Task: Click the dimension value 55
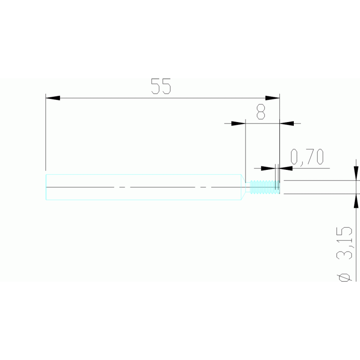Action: tap(161, 86)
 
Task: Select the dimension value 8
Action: tap(260, 112)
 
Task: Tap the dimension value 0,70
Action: tap(307, 157)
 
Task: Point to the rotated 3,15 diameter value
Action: tap(345, 243)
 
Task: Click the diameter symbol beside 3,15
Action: tap(345, 277)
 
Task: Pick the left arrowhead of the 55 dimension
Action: tap(53, 98)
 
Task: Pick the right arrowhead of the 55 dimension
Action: tap(272, 98)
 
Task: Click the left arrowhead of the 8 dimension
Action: tap(238, 123)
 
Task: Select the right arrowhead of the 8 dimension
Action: tap(287, 123)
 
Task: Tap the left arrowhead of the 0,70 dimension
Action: tap(268, 169)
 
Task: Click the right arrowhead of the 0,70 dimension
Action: tap(286, 169)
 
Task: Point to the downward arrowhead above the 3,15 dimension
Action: tap(356, 173)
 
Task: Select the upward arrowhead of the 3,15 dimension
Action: tap(356, 201)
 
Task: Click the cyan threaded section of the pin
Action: tap(265, 187)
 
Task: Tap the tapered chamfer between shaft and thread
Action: tap(244, 187)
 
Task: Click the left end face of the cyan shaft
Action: tap(46, 187)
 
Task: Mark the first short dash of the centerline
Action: tap(122, 187)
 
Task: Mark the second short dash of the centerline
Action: tap(203, 187)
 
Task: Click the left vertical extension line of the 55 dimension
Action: tap(46, 132)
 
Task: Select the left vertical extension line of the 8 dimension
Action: tap(245, 151)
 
